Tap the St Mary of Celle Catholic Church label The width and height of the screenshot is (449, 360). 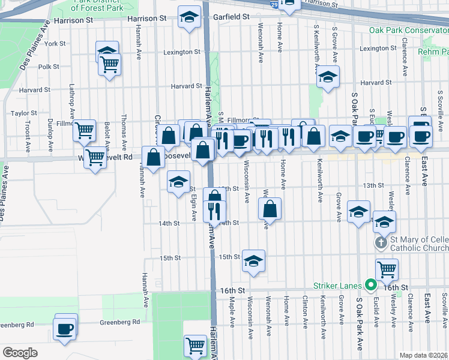[x=419, y=244]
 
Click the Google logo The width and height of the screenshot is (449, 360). [x=20, y=353]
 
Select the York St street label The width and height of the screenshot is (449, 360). [x=55, y=44]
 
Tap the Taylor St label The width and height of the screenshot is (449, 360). [x=24, y=113]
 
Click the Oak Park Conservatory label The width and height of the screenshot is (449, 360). [x=409, y=30]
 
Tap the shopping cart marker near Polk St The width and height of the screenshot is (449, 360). [x=110, y=64]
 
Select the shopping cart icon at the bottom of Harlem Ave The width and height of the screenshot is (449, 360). [x=195, y=345]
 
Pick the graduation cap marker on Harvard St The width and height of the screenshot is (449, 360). [x=328, y=76]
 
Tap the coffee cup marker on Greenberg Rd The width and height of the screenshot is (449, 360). [x=64, y=328]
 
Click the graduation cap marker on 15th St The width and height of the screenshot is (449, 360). [x=254, y=260]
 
